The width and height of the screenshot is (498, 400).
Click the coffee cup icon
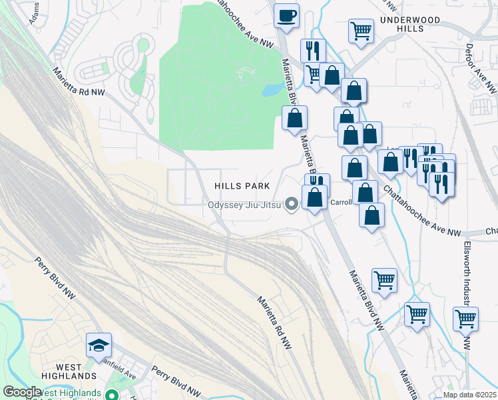tap(286, 15)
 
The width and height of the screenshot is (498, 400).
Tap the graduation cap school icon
tap(99, 345)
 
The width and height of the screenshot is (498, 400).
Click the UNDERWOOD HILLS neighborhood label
tap(410, 25)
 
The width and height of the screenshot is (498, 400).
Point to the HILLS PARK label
tap(242, 186)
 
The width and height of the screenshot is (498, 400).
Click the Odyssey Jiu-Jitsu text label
tap(244, 205)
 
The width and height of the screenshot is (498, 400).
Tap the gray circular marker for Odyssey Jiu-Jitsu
tap(291, 204)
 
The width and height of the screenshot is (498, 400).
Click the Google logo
tap(21, 392)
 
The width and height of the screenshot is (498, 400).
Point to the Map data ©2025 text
tap(469, 395)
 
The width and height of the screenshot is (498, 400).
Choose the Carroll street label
tap(341, 202)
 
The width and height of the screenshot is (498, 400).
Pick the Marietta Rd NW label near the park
tap(79, 83)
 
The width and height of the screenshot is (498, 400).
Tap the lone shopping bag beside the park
tap(294, 119)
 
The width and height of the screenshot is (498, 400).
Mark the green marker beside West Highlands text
tap(112, 395)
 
